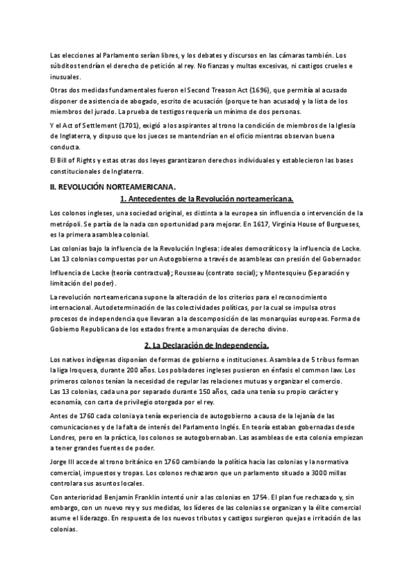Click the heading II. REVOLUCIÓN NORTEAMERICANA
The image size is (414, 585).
[x=113, y=186]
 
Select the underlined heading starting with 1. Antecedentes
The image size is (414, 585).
[x=207, y=199]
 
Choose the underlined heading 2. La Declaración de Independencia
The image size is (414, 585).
[x=207, y=345]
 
